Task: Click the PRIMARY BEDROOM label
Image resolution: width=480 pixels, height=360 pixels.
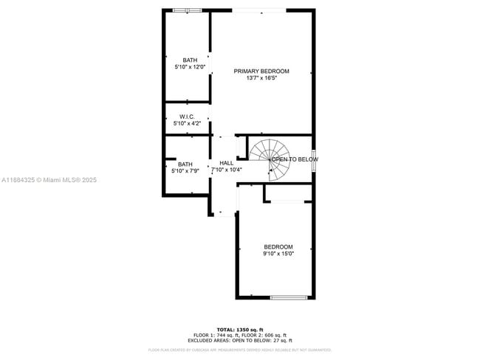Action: point(261,72)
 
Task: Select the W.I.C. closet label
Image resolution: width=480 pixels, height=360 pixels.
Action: point(187,117)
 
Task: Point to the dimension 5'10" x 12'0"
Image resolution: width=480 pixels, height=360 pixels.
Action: point(190,67)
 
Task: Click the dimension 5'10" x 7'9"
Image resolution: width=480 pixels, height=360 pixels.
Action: point(185,171)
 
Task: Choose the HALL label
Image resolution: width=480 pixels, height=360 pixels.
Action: point(226,163)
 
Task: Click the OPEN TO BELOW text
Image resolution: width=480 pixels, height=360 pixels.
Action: point(295,159)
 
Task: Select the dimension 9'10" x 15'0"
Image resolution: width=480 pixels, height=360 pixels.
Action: point(278,254)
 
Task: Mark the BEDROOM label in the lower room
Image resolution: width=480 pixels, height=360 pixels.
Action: point(278,247)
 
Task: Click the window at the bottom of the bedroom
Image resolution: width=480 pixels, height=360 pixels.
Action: point(289,297)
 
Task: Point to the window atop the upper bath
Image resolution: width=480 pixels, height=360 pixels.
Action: point(187,10)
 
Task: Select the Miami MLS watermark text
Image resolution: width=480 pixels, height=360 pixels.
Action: point(48,180)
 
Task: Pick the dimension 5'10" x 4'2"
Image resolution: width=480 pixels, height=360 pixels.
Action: point(187,124)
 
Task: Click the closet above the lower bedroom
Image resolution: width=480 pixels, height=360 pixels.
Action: point(287,193)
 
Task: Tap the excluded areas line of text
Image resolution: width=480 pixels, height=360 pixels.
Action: point(239,340)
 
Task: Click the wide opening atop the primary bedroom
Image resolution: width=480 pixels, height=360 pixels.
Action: point(259,10)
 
